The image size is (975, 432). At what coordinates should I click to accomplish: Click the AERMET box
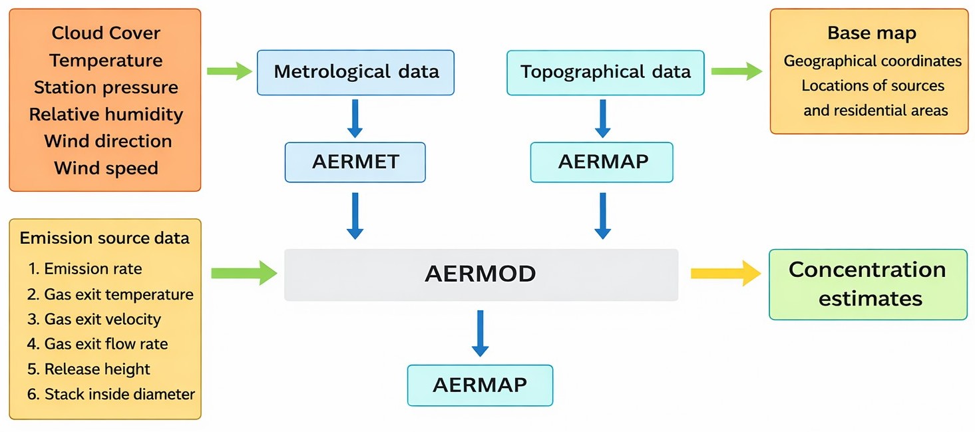pyautogui.click(x=355, y=162)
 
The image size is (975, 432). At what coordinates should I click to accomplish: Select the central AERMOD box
pyautogui.click(x=481, y=274)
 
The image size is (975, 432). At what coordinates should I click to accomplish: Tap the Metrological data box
pyautogui.click(x=355, y=72)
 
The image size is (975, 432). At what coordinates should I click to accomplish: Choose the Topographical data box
pyautogui.click(x=605, y=72)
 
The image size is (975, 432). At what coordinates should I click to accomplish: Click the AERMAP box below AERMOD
pyautogui.click(x=480, y=385)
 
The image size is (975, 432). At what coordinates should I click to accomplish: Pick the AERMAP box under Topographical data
pyautogui.click(x=602, y=162)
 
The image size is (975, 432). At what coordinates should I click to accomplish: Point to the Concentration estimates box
pyautogui.click(x=867, y=284)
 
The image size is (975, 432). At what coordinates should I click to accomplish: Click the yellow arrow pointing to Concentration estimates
pyautogui.click(x=725, y=274)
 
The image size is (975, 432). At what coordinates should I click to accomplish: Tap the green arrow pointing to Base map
pyautogui.click(x=736, y=71)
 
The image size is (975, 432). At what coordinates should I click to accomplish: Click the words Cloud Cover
pyautogui.click(x=106, y=33)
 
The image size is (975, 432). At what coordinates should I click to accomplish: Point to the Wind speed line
pyautogui.click(x=106, y=168)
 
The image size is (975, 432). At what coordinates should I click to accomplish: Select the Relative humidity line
pyautogui.click(x=106, y=114)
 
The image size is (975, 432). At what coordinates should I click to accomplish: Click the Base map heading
pyautogui.click(x=871, y=33)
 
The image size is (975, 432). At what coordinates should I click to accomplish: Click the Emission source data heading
pyautogui.click(x=104, y=238)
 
